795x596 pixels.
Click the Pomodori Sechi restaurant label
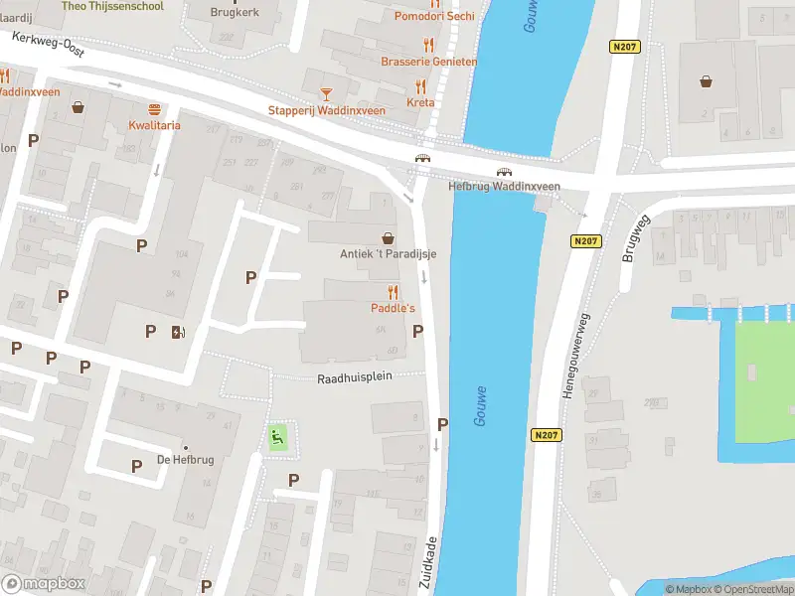click(x=434, y=16)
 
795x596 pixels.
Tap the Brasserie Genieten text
click(x=428, y=62)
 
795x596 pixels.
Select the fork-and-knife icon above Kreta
click(x=420, y=86)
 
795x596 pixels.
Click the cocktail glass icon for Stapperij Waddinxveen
click(x=325, y=94)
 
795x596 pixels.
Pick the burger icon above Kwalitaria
click(x=154, y=109)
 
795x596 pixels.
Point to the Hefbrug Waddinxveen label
click(x=504, y=186)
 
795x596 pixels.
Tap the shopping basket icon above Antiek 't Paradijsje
click(x=388, y=238)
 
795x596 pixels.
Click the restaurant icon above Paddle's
click(x=393, y=292)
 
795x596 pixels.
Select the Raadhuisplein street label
click(x=356, y=378)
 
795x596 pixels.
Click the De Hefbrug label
click(x=185, y=459)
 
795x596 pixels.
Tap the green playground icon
click(x=278, y=435)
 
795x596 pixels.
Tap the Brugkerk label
click(x=236, y=13)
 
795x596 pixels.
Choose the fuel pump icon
click(x=177, y=332)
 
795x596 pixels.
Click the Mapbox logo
click(x=44, y=583)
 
